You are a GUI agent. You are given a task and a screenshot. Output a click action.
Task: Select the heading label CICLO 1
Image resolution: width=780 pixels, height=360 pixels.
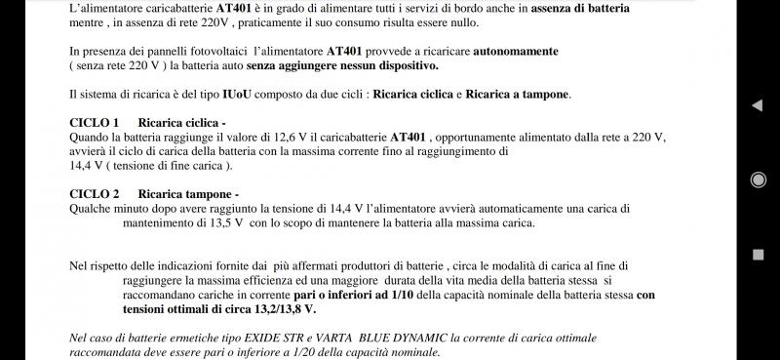95,123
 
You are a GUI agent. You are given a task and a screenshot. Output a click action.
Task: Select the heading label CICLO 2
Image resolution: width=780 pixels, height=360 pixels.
95,194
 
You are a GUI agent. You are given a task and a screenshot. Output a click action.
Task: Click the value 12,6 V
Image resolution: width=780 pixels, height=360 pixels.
290,138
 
